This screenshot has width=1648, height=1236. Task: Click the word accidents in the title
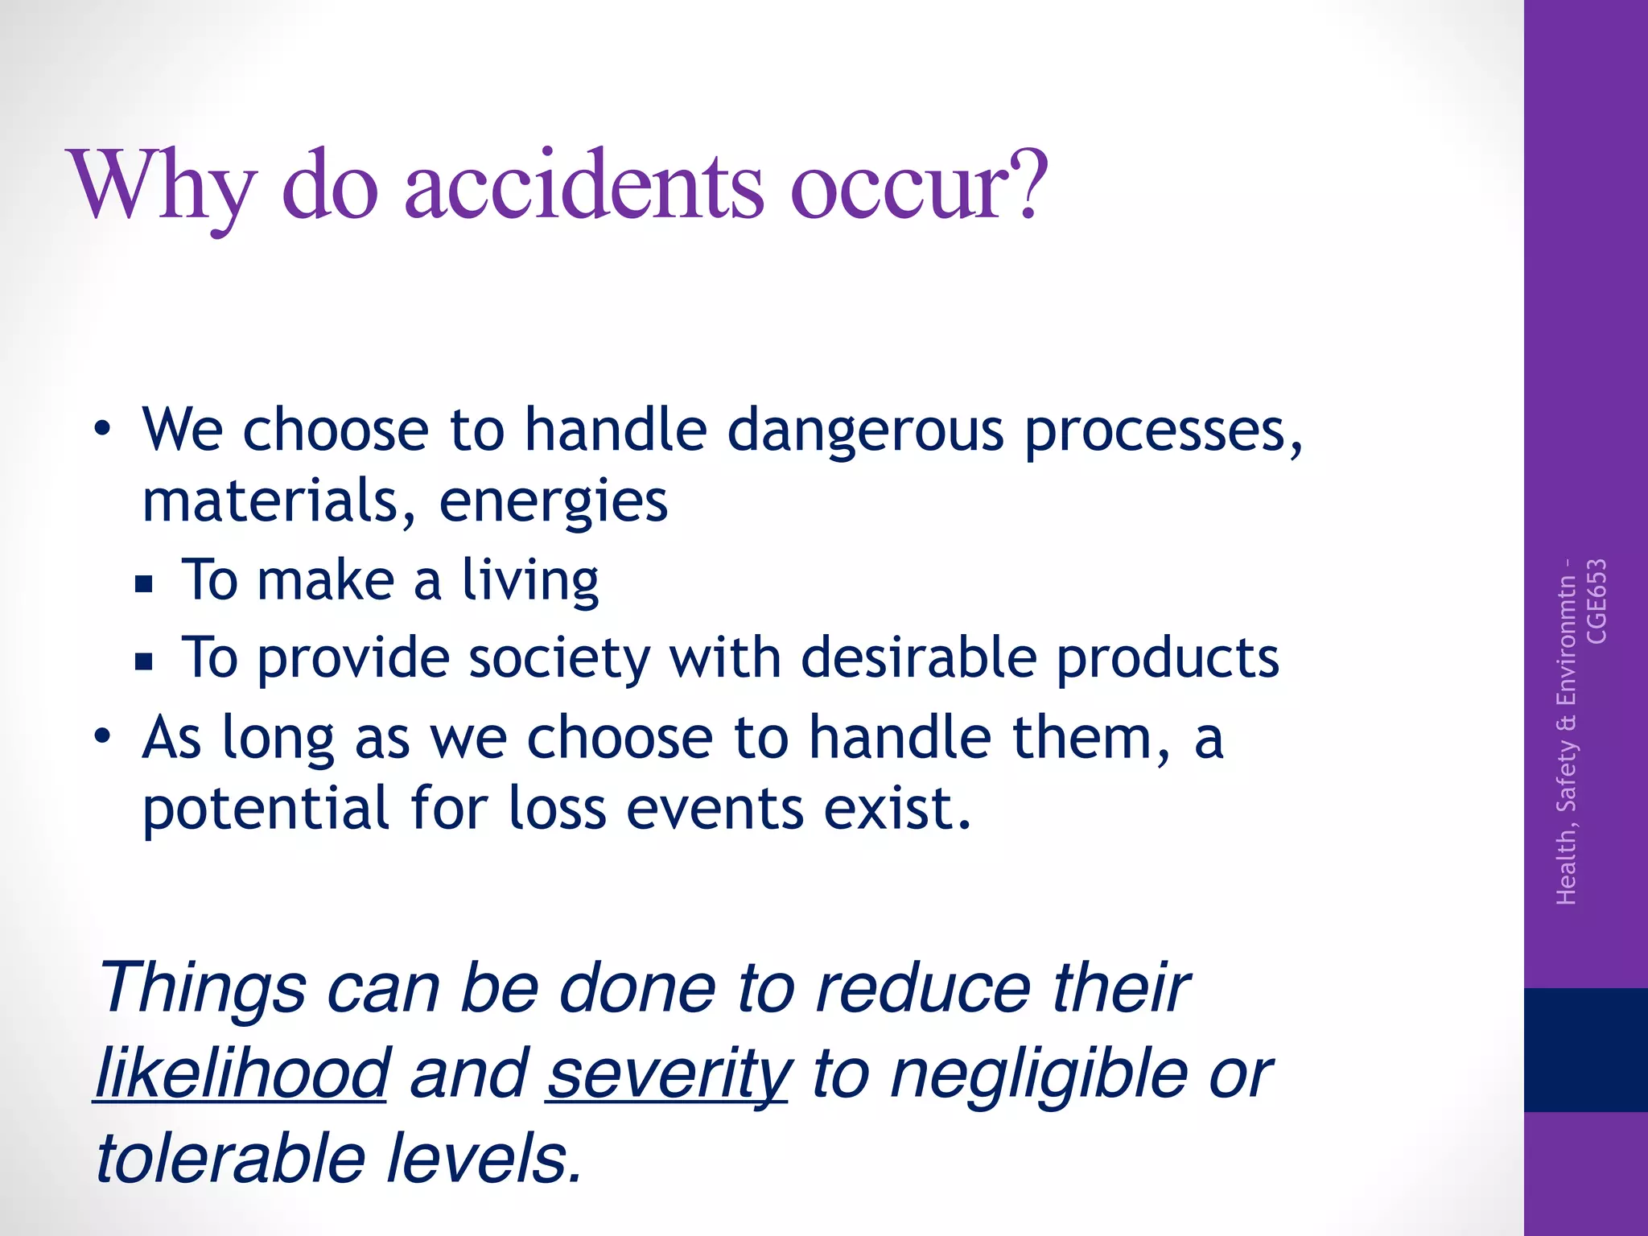pos(583,187)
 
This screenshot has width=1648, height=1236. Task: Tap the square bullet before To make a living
pos(144,583)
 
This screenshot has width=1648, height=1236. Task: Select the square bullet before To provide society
pos(144,661)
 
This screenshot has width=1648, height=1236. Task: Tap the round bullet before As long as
pos(101,735)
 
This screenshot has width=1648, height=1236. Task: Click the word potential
pos(266,810)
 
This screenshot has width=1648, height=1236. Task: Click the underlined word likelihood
pos(241,1074)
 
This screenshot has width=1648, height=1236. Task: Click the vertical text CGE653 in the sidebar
pos(1596,601)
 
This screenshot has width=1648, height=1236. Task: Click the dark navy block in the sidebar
pos(1585,1049)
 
